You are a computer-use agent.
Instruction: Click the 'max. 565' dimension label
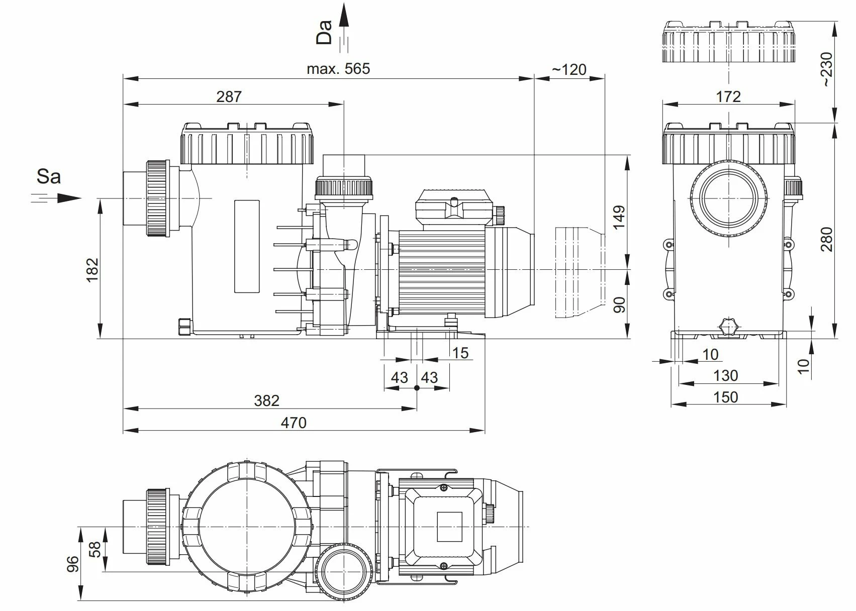(338, 69)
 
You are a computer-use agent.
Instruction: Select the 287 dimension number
(229, 96)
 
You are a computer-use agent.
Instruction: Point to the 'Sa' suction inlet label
(49, 176)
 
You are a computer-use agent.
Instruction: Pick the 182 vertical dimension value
(92, 269)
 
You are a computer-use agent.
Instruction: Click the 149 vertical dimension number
(620, 217)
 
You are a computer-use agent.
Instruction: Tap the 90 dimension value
(620, 304)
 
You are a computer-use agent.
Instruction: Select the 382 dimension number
(266, 400)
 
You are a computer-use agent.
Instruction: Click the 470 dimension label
(293, 423)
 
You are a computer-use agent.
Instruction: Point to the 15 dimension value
(460, 353)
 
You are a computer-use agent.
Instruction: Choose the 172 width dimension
(728, 96)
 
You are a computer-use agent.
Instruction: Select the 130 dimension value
(726, 375)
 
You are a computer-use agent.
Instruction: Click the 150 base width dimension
(726, 397)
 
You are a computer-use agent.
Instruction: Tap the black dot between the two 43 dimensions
(417, 388)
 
